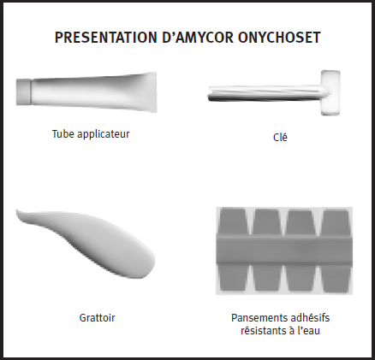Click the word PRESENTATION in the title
pyautogui.click(x=106, y=38)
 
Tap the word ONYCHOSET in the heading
pyautogui.click(x=279, y=38)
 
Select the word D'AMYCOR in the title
pyautogui.click(x=198, y=38)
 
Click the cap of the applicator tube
pyautogui.click(x=23, y=91)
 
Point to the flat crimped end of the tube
pyautogui.click(x=152, y=92)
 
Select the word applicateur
pyautogui.click(x=104, y=134)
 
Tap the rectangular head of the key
pyautogui.click(x=330, y=92)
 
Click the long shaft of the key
pyautogui.click(x=265, y=93)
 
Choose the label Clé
pyautogui.click(x=280, y=137)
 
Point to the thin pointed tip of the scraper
pyautogui.click(x=18, y=211)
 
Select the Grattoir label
pyautogui.click(x=97, y=317)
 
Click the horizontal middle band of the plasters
pyautogui.click(x=284, y=250)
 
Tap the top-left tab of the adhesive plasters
pyautogui.click(x=233, y=222)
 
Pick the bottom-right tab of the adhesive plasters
pyautogui.click(x=336, y=278)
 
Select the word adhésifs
pyautogui.click(x=307, y=317)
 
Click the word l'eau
pyautogui.click(x=309, y=331)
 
